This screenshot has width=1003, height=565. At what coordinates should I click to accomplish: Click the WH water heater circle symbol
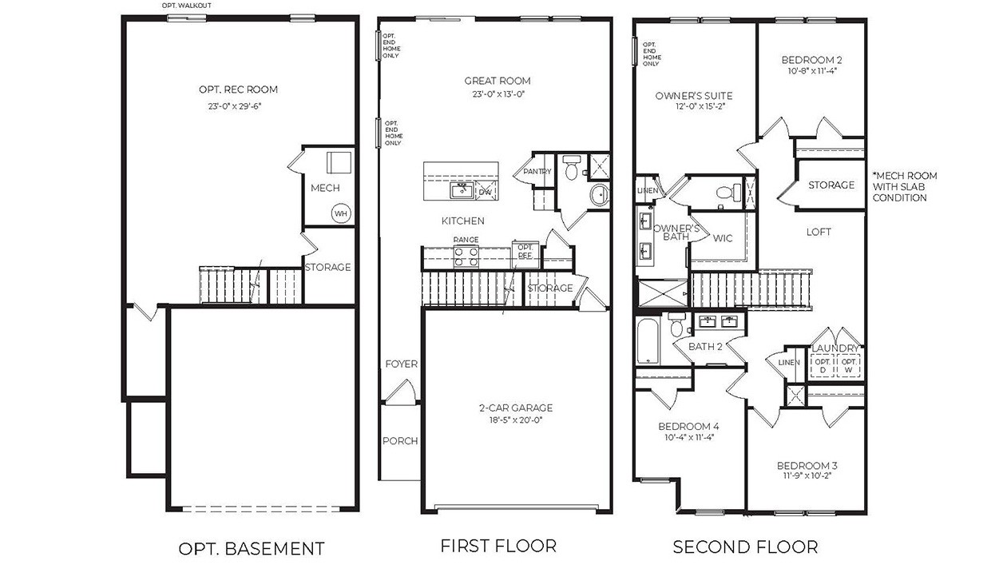[341, 213]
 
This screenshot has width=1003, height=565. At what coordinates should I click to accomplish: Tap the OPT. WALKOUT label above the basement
[187, 6]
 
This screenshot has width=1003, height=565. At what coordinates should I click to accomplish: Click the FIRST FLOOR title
[498, 546]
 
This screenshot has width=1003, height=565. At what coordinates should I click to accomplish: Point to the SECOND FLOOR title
[745, 547]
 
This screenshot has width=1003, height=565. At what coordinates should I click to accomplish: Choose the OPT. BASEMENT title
[251, 548]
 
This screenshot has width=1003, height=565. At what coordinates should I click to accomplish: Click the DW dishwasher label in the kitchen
[485, 192]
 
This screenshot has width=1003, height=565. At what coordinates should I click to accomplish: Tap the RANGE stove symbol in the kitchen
[466, 256]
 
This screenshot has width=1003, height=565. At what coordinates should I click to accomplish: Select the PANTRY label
[537, 172]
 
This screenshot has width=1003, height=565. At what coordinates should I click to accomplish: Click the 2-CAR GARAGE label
[509, 408]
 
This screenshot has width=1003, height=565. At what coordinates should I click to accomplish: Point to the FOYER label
[401, 364]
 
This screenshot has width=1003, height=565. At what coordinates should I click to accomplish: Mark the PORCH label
[400, 441]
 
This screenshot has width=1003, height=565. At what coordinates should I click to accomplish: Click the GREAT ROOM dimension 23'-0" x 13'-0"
[498, 94]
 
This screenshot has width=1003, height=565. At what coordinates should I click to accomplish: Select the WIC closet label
[723, 238]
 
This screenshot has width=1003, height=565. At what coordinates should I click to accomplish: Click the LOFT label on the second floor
[819, 232]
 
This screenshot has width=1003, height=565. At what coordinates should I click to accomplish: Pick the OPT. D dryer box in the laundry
[822, 365]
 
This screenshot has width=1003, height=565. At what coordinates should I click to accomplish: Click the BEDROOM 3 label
[807, 466]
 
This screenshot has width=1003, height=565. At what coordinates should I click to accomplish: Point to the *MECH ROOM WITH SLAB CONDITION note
[905, 186]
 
